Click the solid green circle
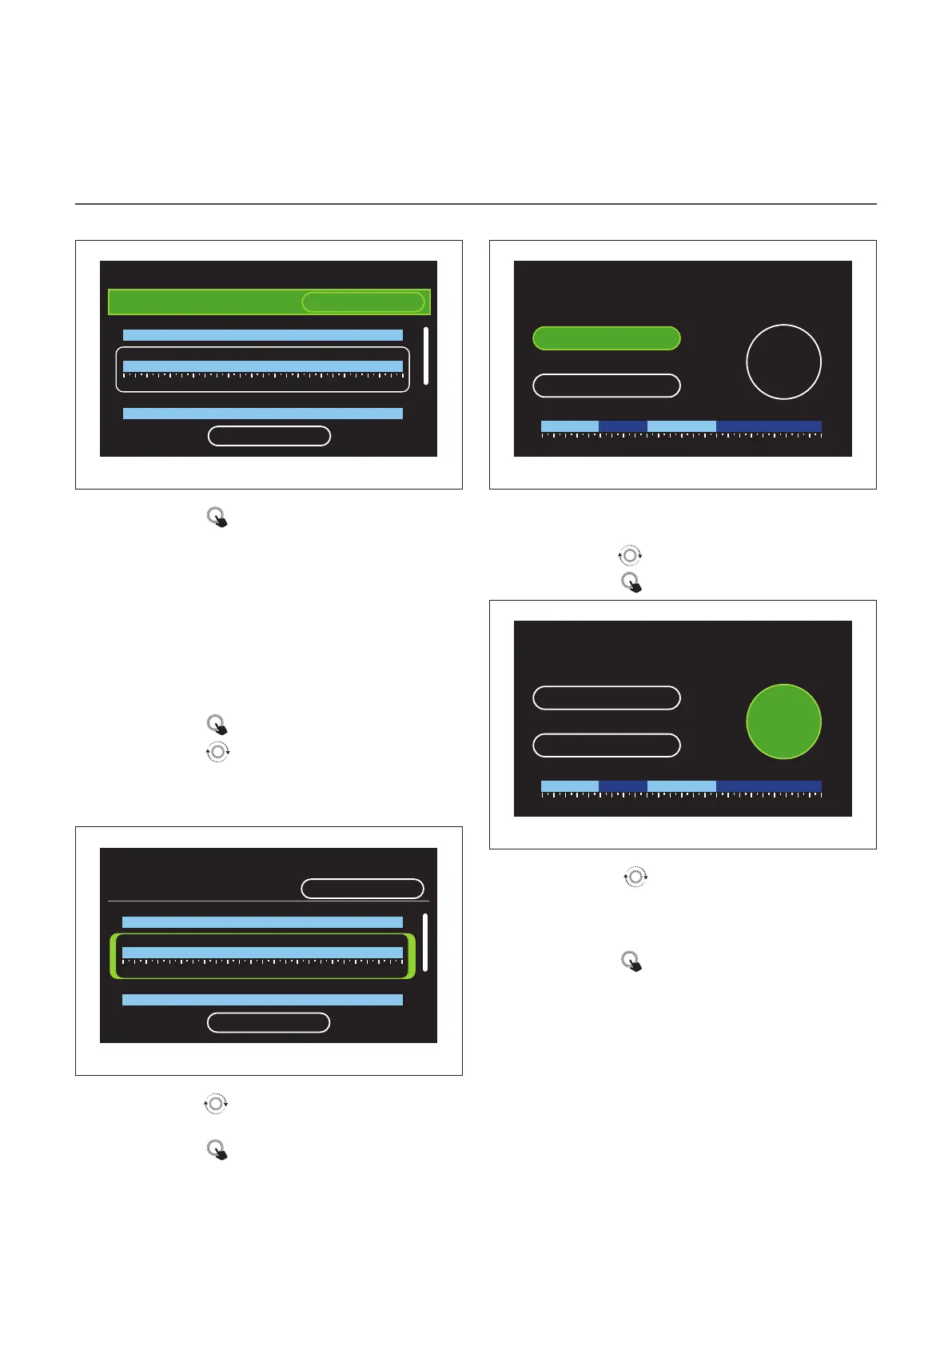(x=783, y=721)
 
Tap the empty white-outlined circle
(x=783, y=362)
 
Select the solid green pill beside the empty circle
(x=606, y=338)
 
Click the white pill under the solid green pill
(x=606, y=386)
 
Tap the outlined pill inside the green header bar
(x=363, y=302)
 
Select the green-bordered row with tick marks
(x=262, y=956)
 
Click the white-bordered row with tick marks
(x=262, y=370)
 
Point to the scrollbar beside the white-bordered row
(x=425, y=356)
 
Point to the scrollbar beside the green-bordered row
(x=425, y=942)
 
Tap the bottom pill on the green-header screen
(x=269, y=436)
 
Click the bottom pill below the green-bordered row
(x=269, y=1022)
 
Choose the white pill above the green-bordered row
(x=362, y=889)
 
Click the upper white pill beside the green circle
(x=606, y=697)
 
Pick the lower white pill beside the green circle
(x=606, y=745)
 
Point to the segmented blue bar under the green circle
(x=681, y=787)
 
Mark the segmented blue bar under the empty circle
(x=681, y=427)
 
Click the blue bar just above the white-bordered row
(x=262, y=335)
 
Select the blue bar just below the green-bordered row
(x=262, y=1000)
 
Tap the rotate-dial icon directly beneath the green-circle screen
(x=635, y=877)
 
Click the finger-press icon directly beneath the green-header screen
(x=217, y=518)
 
